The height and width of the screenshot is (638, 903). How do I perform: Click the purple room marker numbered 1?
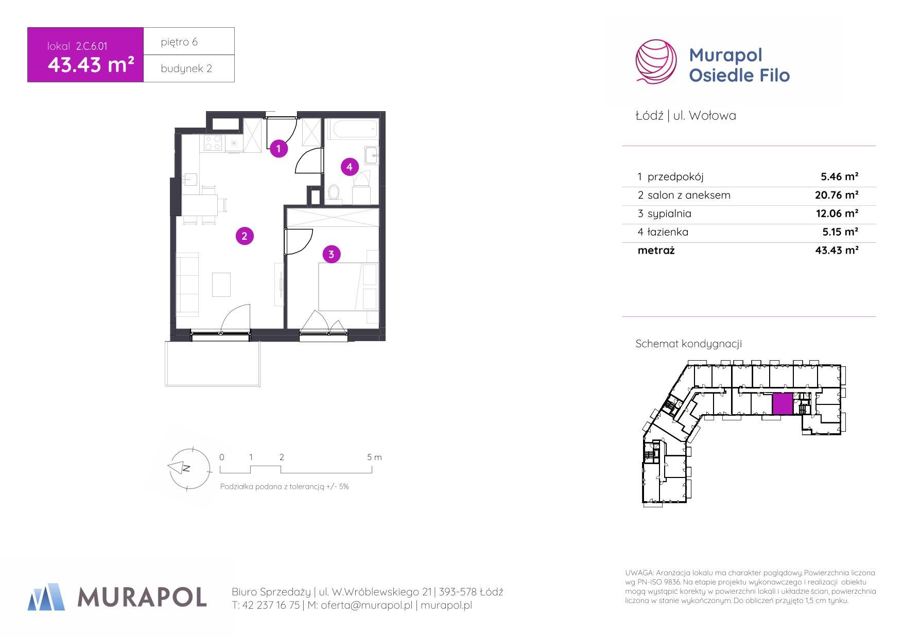point(279,149)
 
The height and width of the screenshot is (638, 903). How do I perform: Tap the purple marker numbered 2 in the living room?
point(245,236)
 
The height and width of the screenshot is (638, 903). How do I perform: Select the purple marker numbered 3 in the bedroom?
point(331,254)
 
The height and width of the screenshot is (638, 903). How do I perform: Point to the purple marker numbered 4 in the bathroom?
point(350,167)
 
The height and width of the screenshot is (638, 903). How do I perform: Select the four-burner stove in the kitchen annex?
point(213,143)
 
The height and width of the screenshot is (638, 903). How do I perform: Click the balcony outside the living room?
point(213,363)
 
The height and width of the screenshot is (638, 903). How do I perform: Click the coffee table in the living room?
point(222,285)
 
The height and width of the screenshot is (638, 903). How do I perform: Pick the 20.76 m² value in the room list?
point(837,195)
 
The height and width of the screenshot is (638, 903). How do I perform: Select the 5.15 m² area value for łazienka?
point(840,232)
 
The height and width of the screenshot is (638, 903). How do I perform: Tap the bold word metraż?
point(656,251)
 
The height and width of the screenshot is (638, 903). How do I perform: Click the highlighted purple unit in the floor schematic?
point(783,404)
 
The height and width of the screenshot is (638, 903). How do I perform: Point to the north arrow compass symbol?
point(189,469)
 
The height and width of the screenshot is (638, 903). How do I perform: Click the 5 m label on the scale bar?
point(374,457)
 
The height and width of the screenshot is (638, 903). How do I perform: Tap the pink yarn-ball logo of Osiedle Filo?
point(656,61)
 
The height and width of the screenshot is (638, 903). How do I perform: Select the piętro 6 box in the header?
point(189,41)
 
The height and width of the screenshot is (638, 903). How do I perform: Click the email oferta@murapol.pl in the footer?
point(367,606)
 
